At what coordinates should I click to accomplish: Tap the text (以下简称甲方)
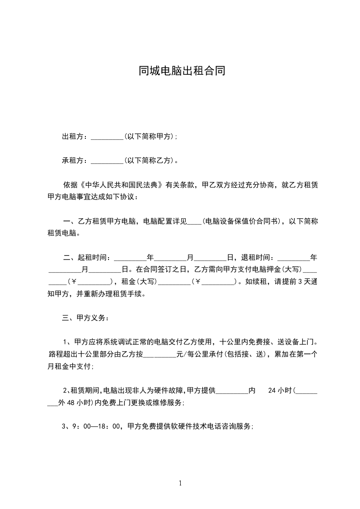point(148,137)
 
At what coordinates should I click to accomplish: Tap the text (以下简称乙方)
point(148,161)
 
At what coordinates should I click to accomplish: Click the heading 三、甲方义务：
point(85,318)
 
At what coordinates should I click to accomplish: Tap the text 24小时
point(281,390)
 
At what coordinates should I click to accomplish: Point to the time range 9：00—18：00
point(95,426)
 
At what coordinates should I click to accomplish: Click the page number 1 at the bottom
point(180,483)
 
